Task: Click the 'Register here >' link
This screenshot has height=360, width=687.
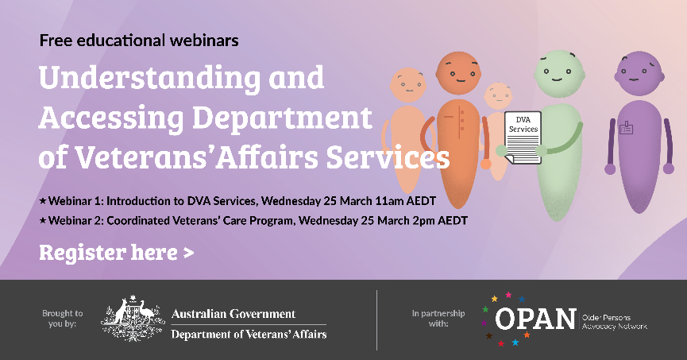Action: (x=116, y=253)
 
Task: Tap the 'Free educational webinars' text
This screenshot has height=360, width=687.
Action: (x=139, y=39)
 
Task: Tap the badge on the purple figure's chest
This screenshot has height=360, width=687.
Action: (x=627, y=127)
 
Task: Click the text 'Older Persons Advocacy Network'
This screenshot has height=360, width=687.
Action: (x=614, y=320)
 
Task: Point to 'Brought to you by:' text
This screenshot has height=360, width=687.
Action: (x=62, y=319)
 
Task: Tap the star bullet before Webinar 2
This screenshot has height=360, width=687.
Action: (x=43, y=220)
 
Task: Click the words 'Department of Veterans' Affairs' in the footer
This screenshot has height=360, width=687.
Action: (x=249, y=334)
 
